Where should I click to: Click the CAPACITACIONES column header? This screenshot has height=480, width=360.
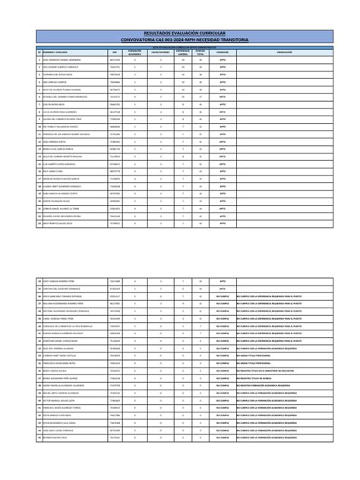coord(160,51)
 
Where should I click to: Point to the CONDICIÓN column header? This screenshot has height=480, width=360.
coord(221,51)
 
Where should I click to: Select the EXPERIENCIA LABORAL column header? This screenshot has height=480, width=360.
coord(183,51)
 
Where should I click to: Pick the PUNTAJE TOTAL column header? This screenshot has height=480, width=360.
coord(201,51)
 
